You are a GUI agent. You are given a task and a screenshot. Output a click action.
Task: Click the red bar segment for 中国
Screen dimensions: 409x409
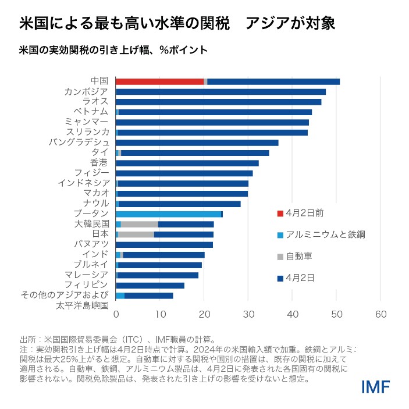pos(159,81)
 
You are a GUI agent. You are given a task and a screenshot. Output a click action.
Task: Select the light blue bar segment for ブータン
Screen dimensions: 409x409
pos(169,214)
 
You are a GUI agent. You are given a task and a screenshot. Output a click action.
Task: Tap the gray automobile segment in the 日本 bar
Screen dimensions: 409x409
pos(136,234)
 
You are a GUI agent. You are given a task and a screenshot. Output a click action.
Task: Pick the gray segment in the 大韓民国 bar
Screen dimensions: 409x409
pos(140,224)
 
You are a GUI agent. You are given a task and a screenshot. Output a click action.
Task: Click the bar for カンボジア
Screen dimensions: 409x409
pos(221,92)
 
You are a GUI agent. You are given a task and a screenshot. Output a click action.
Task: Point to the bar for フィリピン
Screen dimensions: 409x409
pos(150,285)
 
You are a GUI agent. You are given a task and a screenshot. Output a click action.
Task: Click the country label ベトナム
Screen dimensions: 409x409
pos(90,111)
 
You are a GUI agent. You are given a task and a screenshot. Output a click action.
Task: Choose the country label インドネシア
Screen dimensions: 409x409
pos(83,183)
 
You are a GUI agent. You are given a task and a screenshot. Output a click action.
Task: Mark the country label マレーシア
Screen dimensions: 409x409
pos(87,274)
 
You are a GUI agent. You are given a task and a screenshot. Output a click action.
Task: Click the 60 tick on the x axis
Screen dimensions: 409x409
pos(380,314)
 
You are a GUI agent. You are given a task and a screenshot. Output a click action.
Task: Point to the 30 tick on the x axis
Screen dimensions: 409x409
pos(248,314)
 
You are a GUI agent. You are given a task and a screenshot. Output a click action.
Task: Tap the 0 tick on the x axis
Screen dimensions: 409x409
pos(116,314)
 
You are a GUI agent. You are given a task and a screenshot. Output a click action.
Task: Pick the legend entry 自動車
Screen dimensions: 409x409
pos(300,256)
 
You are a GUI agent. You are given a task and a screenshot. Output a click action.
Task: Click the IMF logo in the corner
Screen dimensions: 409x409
pos(375,387)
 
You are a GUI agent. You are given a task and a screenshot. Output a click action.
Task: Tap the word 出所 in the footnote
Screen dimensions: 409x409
pos(27,339)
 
